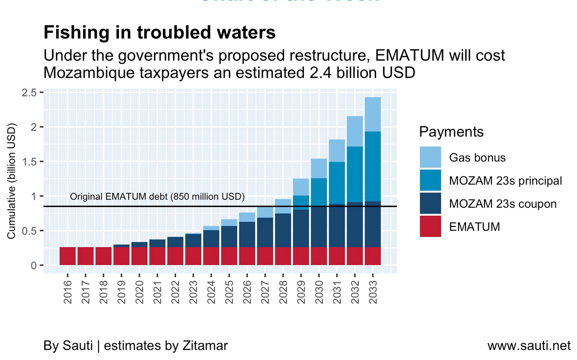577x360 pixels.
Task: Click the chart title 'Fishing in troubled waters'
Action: click(x=159, y=33)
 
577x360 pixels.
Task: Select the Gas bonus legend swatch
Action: click(x=430, y=157)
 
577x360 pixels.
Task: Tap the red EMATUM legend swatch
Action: click(x=430, y=226)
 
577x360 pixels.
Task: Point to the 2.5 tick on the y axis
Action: click(x=29, y=92)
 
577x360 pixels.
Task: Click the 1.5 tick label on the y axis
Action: click(x=29, y=161)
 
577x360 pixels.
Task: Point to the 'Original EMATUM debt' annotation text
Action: click(x=157, y=197)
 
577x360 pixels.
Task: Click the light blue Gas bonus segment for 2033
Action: click(x=373, y=114)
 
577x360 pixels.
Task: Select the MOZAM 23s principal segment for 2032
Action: click(x=354, y=174)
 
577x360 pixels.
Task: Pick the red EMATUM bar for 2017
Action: click(x=85, y=256)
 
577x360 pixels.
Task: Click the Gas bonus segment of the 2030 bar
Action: click(x=319, y=169)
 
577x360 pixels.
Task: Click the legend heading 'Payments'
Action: click(x=451, y=132)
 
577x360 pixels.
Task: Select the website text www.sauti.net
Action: click(x=529, y=345)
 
